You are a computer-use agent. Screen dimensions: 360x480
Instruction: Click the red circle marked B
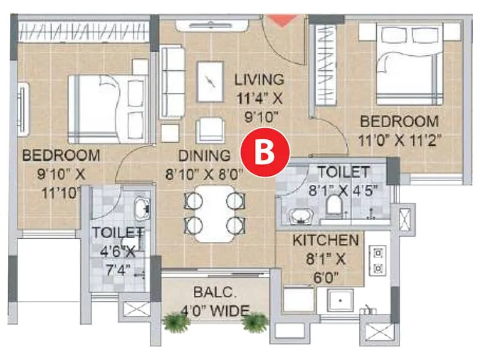click(x=265, y=152)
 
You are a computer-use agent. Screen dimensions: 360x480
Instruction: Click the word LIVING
click(x=259, y=79)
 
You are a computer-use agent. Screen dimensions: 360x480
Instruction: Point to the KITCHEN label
click(x=326, y=241)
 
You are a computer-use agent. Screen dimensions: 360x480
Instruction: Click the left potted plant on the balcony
click(x=176, y=322)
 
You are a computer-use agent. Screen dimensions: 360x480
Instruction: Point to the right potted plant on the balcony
click(x=254, y=322)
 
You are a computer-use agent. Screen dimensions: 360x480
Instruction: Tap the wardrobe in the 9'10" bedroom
click(x=84, y=31)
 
